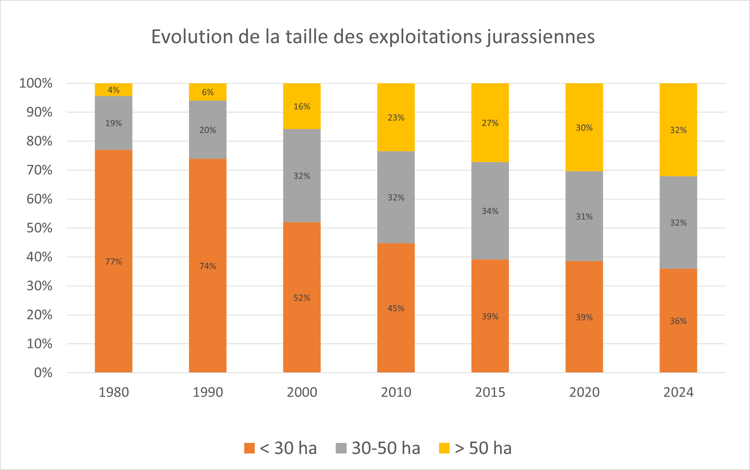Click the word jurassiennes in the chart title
(x=541, y=37)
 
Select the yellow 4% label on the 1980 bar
(x=113, y=90)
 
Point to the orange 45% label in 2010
(x=396, y=308)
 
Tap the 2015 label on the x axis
(x=490, y=392)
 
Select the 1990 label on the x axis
(x=208, y=392)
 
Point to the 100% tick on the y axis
(x=36, y=83)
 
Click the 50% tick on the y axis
(x=40, y=228)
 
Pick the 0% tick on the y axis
(x=43, y=373)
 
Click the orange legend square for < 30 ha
(x=249, y=448)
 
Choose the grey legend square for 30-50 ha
(x=341, y=448)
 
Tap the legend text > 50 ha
(x=483, y=448)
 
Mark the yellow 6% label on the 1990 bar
(x=208, y=92)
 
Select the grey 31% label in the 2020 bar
(x=584, y=217)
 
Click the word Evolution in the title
(x=192, y=37)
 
